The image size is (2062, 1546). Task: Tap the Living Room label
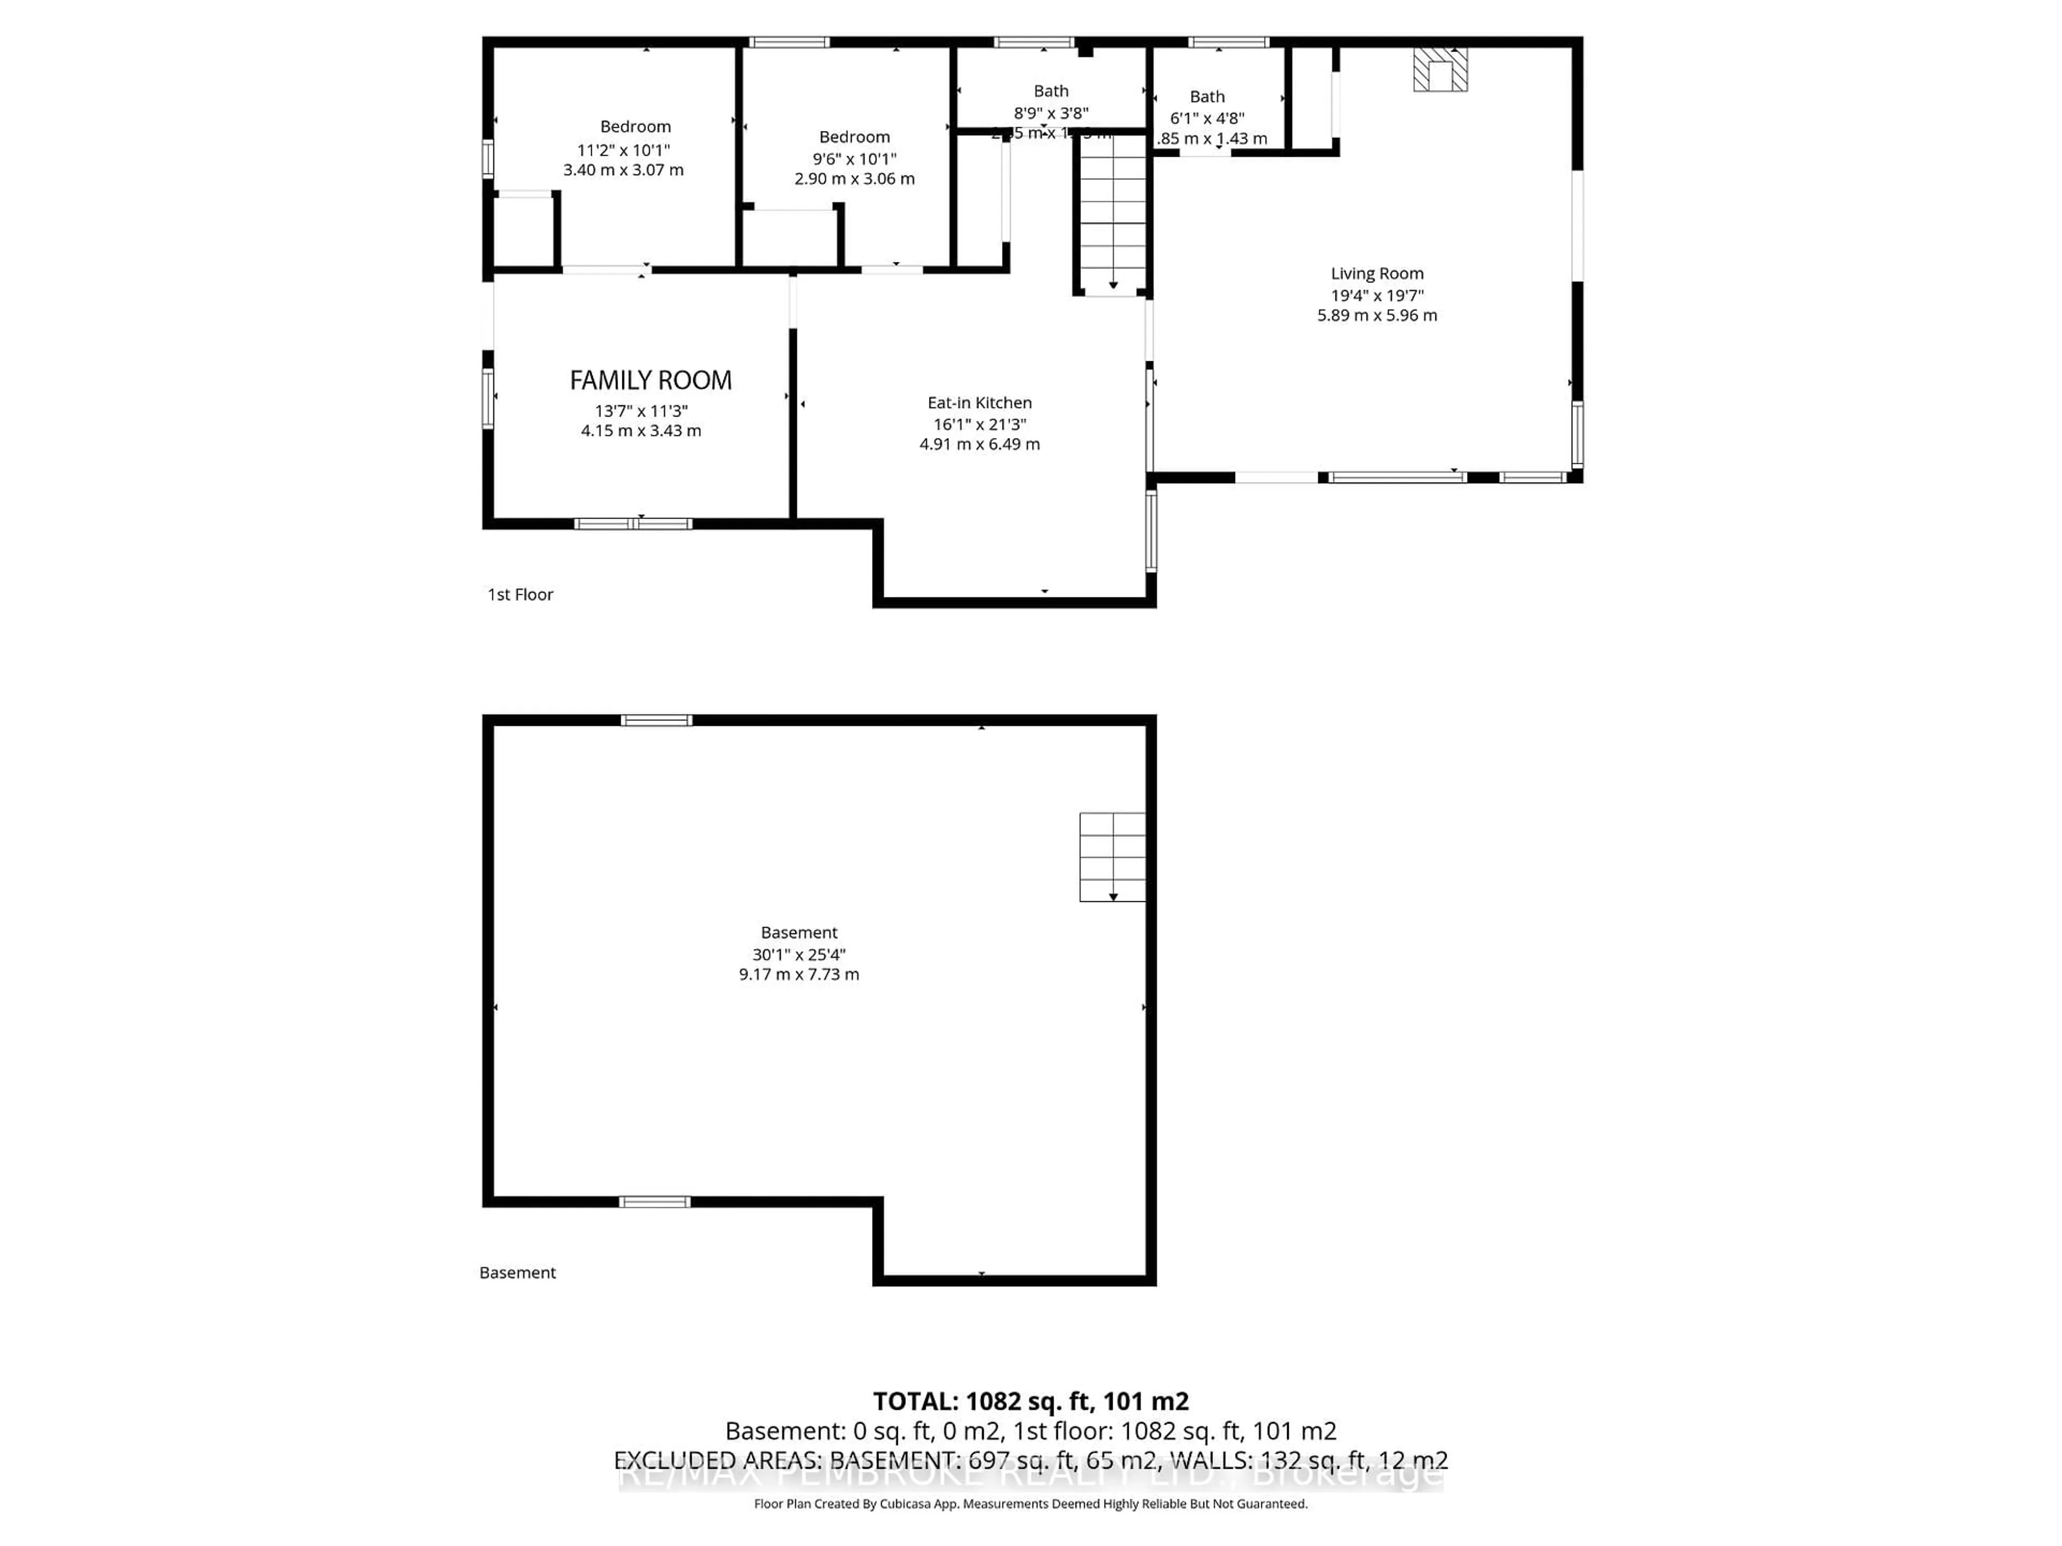coord(1377,273)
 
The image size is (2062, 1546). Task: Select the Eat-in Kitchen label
coord(979,403)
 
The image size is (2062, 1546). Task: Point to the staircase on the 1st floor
coord(1112,214)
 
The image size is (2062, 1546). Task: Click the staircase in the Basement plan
coord(1112,856)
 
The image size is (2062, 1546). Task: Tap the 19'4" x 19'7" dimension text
coord(1377,295)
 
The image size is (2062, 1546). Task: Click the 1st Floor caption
coord(520,595)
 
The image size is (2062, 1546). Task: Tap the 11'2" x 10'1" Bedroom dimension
coord(623,150)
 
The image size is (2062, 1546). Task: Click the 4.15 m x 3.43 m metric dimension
coord(641,431)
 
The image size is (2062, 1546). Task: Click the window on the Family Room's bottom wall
coord(633,524)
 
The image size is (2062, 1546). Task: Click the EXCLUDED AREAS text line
coord(1030,1460)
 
